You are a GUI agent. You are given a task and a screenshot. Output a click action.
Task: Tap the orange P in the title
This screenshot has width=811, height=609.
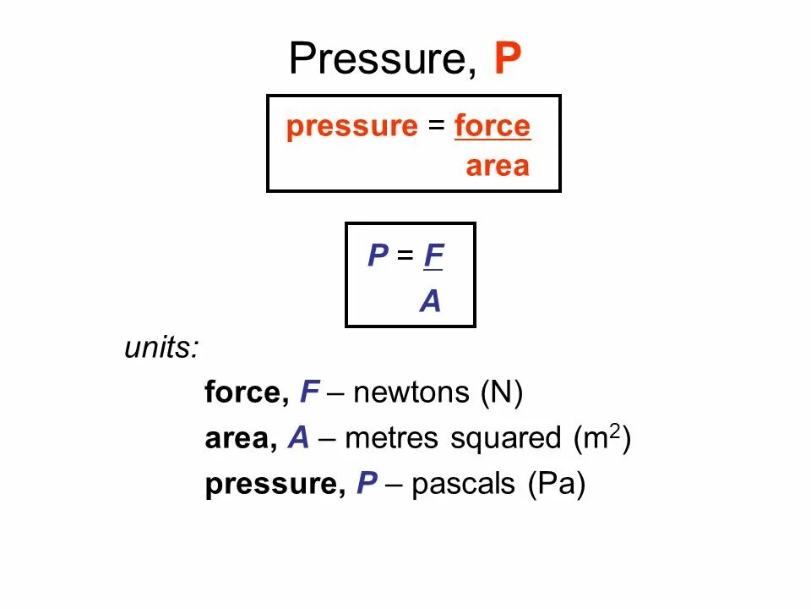[507, 58]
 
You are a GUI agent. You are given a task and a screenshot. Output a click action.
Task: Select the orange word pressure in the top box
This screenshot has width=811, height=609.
[351, 128]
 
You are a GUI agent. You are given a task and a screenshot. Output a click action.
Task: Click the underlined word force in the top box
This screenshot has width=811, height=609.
[493, 126]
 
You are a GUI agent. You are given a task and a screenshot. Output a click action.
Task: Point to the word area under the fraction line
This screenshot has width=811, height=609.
[498, 167]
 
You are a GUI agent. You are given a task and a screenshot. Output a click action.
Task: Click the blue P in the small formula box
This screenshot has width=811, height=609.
[377, 256]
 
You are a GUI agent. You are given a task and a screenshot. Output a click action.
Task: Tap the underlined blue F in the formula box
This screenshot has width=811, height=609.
[433, 256]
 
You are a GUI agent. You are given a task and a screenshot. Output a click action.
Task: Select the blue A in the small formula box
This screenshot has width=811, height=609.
[431, 301]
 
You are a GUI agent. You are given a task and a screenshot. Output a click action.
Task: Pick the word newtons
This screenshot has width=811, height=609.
[411, 393]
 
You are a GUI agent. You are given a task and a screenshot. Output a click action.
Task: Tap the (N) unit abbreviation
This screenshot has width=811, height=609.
[502, 393]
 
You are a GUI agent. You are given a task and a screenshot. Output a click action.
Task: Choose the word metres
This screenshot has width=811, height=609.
[392, 438]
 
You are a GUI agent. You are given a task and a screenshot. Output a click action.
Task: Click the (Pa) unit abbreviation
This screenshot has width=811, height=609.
[556, 485]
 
